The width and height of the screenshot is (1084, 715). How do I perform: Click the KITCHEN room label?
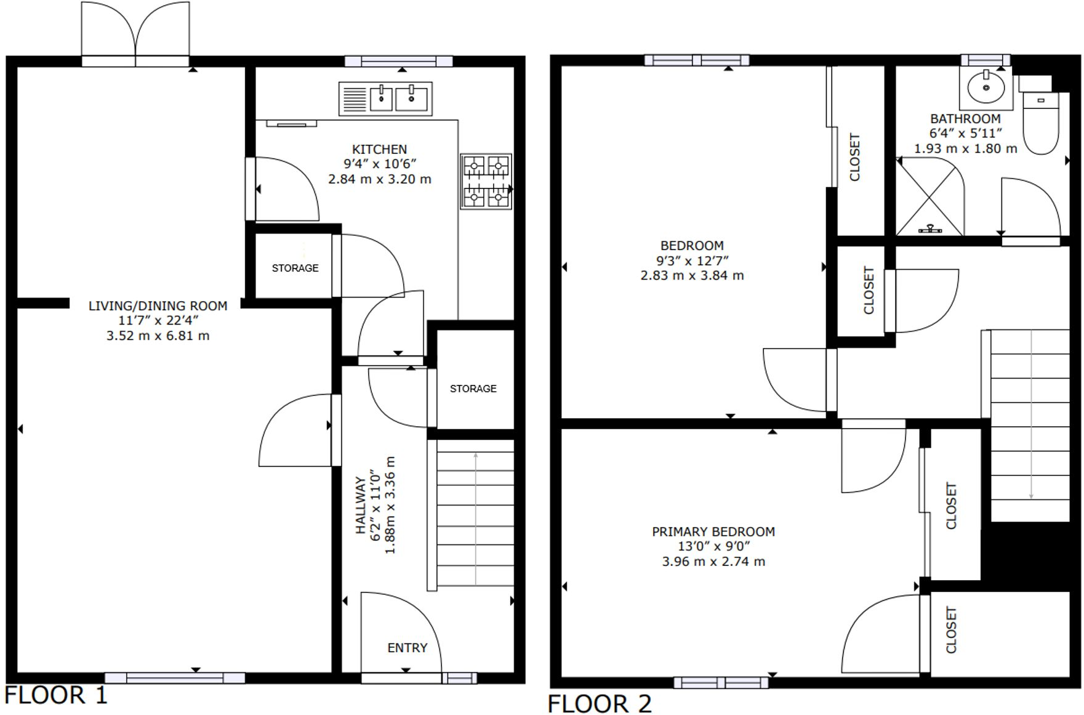(379, 150)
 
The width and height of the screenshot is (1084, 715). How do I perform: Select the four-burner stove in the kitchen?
(486, 182)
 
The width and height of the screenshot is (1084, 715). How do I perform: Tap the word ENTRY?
(407, 648)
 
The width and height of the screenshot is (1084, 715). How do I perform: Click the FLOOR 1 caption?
(55, 695)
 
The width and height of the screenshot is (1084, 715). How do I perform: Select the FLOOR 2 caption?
(599, 703)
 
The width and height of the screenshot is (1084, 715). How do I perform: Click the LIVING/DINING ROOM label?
(158, 306)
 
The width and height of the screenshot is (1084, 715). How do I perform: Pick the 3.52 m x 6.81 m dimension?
(158, 336)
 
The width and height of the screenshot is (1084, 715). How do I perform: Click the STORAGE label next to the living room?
(295, 269)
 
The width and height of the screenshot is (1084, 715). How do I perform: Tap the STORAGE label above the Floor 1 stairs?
(473, 389)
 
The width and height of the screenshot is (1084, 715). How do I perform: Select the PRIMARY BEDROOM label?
(713, 531)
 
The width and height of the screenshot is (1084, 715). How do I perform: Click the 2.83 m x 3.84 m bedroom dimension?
(692, 276)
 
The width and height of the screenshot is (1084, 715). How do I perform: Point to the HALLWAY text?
(361, 505)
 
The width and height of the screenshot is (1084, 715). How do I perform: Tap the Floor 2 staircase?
(1030, 425)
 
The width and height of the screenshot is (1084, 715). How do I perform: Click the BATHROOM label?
(965, 119)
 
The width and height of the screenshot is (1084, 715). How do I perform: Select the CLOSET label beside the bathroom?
(854, 157)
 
